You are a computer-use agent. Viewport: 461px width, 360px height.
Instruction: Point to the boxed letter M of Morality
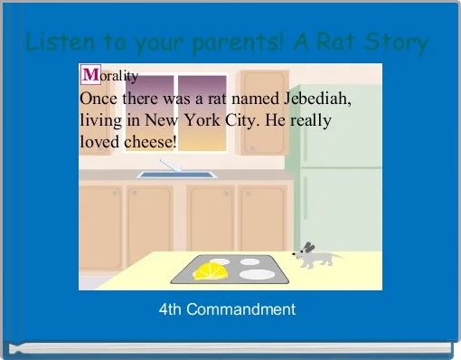[89, 75]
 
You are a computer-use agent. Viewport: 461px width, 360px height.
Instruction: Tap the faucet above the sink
[171, 166]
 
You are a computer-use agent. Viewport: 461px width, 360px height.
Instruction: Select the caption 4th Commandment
[227, 309]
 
